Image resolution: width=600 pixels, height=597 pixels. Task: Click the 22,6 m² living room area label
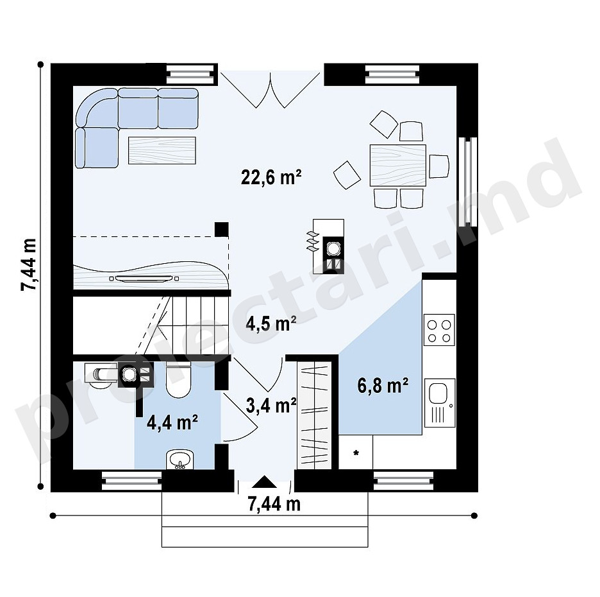[x=271, y=177]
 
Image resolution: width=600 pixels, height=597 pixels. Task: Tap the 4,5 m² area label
[x=271, y=324]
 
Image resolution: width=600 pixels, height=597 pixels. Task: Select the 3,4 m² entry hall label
[x=271, y=406]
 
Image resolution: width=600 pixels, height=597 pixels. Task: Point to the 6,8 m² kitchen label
[x=383, y=386]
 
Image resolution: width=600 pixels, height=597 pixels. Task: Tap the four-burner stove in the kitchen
[x=439, y=330]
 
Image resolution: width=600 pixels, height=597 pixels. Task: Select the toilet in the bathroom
[x=179, y=380]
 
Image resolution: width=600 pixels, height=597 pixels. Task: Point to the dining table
[x=398, y=165]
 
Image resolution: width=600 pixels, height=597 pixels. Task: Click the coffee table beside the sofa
[x=162, y=150]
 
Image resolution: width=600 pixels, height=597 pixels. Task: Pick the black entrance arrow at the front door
[x=263, y=481]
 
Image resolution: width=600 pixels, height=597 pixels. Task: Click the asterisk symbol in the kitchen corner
[x=356, y=453]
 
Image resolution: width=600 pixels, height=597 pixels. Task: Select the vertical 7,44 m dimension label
[x=29, y=264]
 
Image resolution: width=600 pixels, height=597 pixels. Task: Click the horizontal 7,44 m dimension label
[x=274, y=505]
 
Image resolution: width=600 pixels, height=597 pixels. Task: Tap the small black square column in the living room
[x=222, y=229]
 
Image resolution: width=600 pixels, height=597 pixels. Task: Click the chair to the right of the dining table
[x=439, y=166]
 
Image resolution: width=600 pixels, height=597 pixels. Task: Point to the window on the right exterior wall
[x=467, y=182]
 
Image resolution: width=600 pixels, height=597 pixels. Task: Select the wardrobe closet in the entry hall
[x=314, y=415]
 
